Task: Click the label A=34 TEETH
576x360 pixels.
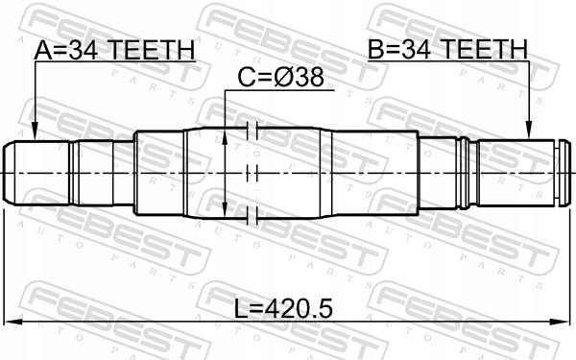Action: click(114, 50)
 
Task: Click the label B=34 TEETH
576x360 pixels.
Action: click(447, 49)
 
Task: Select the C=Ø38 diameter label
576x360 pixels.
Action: click(281, 78)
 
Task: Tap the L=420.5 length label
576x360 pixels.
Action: click(283, 308)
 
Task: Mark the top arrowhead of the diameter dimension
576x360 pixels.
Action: click(225, 136)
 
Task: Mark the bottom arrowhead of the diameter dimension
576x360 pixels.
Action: click(225, 209)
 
